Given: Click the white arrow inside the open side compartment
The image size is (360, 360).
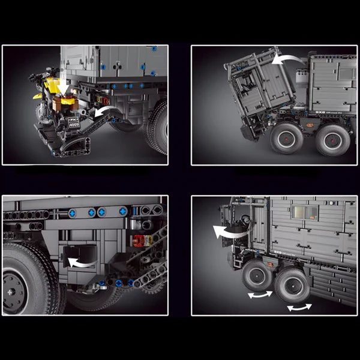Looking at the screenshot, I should tap(79, 262).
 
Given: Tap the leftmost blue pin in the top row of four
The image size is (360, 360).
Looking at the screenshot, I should tap(73, 212).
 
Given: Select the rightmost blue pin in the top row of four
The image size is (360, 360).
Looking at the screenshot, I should tap(123, 211).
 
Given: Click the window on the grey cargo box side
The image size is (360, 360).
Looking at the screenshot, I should tap(304, 213).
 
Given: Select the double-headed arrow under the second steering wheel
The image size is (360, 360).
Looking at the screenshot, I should tap(299, 307).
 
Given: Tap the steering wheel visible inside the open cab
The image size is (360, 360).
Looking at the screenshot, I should tap(242, 220).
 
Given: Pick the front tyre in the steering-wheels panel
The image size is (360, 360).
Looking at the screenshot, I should tap(257, 276).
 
